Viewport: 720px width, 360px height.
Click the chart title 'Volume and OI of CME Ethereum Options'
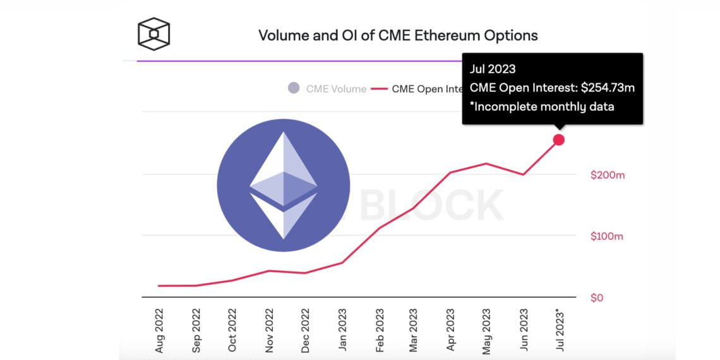coord(398,35)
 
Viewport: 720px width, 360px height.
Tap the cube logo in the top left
coord(154,34)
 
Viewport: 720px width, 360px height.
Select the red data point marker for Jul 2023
coord(559,140)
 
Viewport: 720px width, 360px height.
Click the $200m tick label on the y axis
coord(607,175)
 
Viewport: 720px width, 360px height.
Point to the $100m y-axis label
coord(607,236)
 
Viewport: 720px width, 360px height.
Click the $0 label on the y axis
coord(597,297)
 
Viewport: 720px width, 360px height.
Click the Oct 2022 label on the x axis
coord(232,330)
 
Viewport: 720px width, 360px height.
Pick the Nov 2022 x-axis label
coord(269,330)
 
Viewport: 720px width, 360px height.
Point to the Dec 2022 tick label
coord(306,330)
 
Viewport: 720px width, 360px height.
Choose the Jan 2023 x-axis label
coord(342,330)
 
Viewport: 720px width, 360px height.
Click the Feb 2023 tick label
coord(379,330)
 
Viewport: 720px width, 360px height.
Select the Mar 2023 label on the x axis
coord(414,330)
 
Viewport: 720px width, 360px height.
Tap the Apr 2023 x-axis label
coord(450,330)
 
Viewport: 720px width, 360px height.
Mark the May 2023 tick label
coord(486,330)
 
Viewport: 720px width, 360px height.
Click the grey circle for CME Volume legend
coord(294,88)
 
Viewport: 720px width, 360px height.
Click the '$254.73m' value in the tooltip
coord(608,88)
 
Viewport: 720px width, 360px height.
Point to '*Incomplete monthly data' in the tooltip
coord(542,106)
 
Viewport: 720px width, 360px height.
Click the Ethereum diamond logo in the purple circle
coord(283,185)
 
